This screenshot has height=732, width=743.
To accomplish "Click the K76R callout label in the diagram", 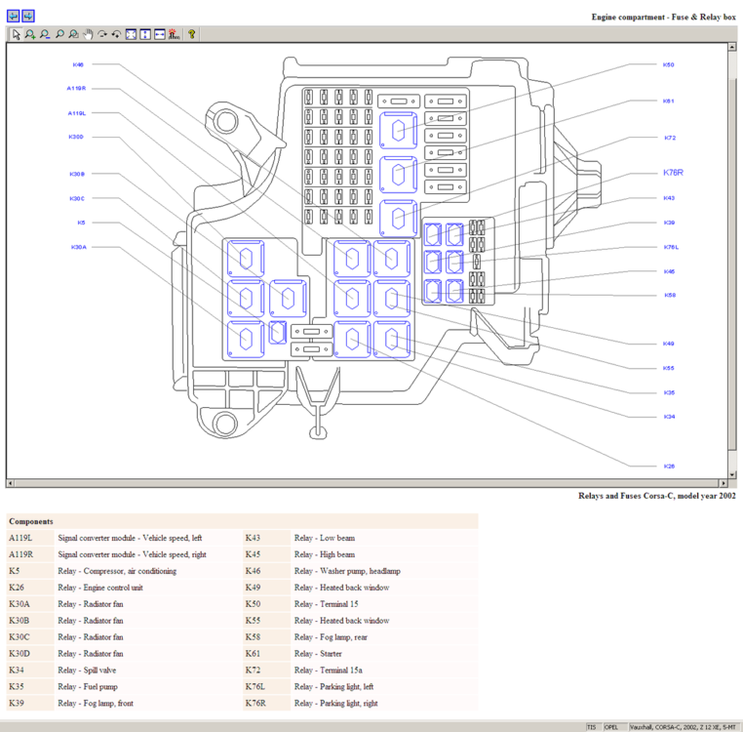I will pos(673,173).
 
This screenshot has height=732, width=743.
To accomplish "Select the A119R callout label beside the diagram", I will pos(76,88).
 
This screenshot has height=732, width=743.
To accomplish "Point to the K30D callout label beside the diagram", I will pos(76,137).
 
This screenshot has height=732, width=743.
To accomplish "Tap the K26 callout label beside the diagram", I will pos(669,466).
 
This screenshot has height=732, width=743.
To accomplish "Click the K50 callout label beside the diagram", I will pos(669,64).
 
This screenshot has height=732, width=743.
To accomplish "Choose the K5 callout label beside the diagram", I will pos(81,223).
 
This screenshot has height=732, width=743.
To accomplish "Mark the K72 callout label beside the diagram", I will pos(669,138).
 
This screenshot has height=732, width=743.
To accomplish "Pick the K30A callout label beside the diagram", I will pos(78,247).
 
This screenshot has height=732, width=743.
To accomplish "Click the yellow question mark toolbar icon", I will pos(192,34).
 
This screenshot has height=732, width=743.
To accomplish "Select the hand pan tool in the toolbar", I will pos(88,34).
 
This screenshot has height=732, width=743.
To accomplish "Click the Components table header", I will pos(31,521).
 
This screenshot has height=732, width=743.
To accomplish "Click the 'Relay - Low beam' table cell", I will pos(324,538).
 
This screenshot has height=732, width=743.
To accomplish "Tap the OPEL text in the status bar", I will pos(611,727).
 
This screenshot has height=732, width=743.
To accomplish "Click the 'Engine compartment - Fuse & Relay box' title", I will pos(663,18).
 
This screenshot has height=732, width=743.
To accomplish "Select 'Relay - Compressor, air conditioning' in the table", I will pos(117,571).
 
